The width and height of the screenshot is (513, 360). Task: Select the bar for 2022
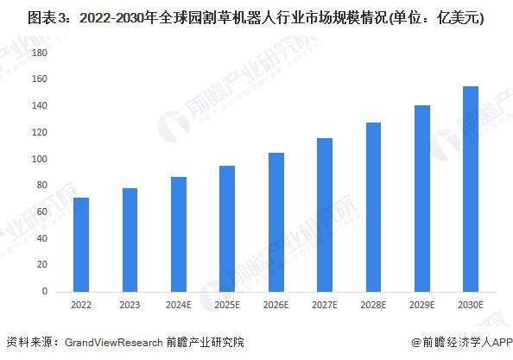[x=81, y=244]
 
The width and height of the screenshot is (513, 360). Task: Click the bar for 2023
[x=130, y=240]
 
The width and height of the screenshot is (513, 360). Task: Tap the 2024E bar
[x=179, y=235]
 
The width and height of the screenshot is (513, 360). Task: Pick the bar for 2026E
[x=276, y=223]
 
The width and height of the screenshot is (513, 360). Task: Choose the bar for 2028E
[x=373, y=207]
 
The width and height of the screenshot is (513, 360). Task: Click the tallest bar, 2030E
[x=471, y=189]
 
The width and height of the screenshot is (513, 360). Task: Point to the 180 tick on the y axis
[x=39, y=53]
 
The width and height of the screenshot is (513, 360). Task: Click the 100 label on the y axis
[x=39, y=159]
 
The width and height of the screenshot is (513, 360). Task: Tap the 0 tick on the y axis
[x=45, y=291]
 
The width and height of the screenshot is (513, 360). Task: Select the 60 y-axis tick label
[x=41, y=212]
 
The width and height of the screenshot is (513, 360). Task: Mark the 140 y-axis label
[x=39, y=105]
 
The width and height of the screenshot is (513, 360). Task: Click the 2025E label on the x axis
[x=227, y=305]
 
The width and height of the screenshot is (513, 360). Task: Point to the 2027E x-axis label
[x=325, y=305]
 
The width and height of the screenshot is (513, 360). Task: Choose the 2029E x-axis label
[x=422, y=305]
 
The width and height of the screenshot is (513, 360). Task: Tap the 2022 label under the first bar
[x=81, y=305]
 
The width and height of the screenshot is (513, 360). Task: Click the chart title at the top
[x=256, y=17]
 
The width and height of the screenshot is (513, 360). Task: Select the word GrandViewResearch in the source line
[x=113, y=343]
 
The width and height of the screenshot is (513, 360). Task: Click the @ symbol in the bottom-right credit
[x=416, y=343]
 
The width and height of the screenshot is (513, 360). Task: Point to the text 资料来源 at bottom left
[x=29, y=343]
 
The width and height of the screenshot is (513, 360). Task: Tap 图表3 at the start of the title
[x=47, y=18]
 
